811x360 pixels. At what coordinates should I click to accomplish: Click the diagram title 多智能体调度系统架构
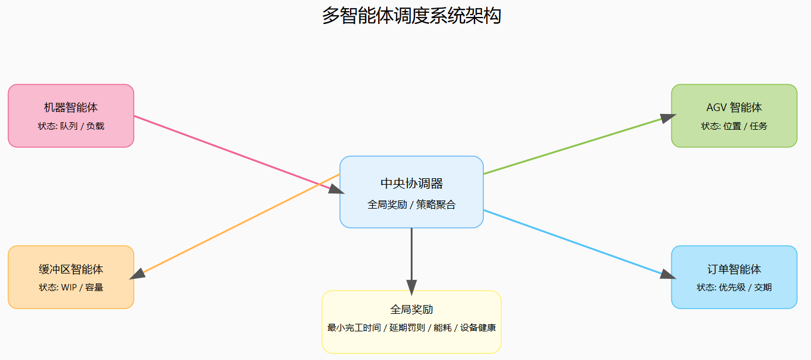(411, 16)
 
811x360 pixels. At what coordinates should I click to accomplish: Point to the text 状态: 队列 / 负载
(71, 126)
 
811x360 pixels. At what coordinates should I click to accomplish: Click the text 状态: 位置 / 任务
(734, 126)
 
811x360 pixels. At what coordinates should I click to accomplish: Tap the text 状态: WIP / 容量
(71, 288)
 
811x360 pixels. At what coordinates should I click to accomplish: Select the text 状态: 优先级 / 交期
(734, 288)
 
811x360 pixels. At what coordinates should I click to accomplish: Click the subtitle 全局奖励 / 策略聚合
(411, 205)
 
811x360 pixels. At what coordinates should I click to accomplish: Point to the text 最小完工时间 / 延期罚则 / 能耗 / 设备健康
(411, 328)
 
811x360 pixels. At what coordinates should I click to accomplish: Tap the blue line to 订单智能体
(573, 241)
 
